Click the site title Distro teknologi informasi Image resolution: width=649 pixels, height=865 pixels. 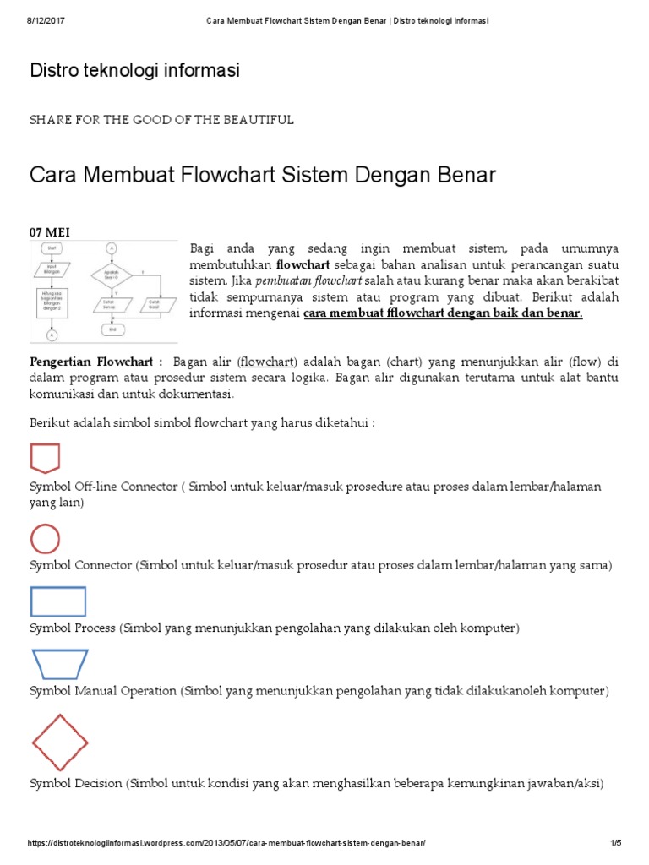(x=134, y=72)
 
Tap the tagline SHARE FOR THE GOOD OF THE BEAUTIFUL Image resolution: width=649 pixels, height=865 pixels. (x=161, y=120)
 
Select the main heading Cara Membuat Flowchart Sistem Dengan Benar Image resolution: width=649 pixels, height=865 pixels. (x=262, y=176)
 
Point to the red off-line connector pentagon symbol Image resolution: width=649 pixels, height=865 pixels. (x=45, y=457)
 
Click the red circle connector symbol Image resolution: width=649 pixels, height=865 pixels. (x=45, y=539)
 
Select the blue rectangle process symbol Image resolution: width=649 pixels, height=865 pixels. (x=58, y=601)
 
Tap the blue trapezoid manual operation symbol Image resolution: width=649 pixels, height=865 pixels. (x=58, y=665)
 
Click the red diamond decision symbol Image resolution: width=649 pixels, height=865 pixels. (x=59, y=743)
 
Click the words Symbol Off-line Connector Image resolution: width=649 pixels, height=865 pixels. (x=103, y=487)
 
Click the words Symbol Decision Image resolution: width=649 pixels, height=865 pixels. (x=76, y=783)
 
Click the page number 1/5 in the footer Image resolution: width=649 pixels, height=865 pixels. (x=614, y=844)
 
